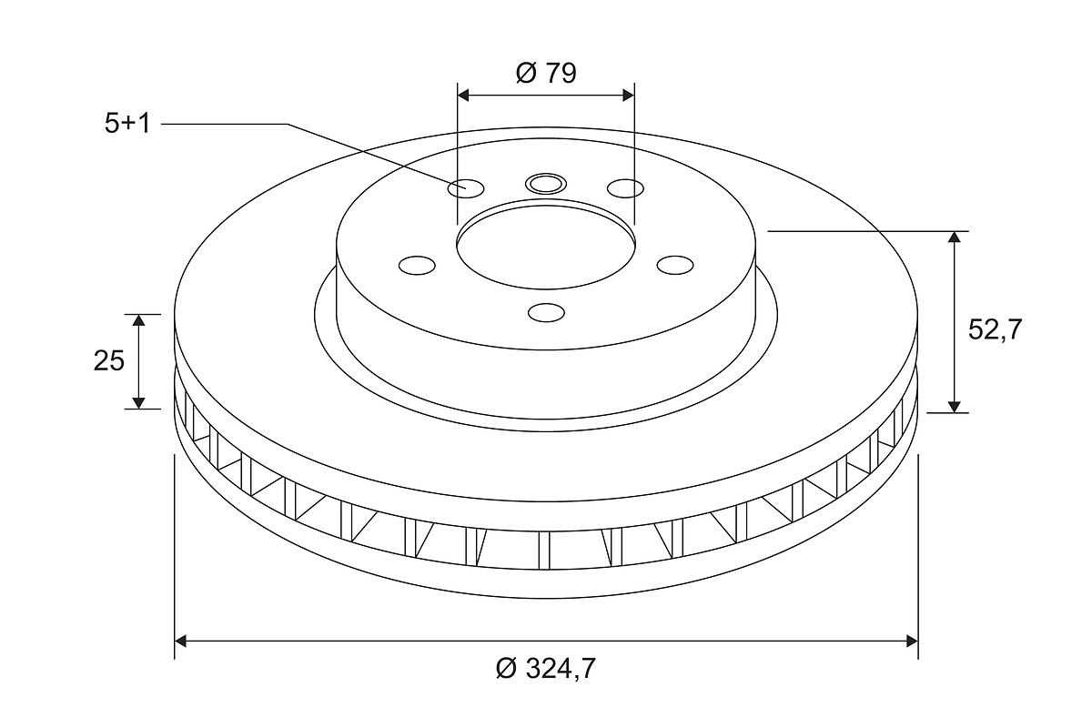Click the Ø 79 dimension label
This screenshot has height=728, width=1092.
[x=546, y=73]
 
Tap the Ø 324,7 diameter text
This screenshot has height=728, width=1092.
[x=546, y=668]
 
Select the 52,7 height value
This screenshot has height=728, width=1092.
[x=995, y=329]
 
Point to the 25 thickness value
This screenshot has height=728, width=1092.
[x=109, y=361]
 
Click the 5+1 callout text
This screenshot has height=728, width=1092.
[x=127, y=124]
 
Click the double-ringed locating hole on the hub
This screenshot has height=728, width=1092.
[x=546, y=184]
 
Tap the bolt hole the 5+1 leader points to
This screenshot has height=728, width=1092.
[x=466, y=188]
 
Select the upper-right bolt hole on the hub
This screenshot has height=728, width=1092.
[x=625, y=188]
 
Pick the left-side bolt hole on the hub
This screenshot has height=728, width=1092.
[x=417, y=265]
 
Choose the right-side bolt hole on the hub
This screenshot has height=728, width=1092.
[x=675, y=265]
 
